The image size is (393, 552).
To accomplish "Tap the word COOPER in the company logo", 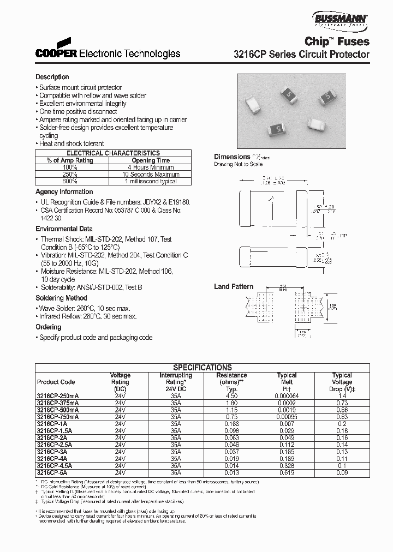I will click(57, 54).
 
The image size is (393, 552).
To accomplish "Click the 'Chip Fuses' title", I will click(337, 41).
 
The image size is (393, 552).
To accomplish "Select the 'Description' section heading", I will click(52, 77).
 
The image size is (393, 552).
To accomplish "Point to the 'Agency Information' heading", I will click(64, 192).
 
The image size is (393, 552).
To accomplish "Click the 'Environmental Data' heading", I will click(64, 229).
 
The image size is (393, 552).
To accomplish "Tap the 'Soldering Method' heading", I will click(61, 298).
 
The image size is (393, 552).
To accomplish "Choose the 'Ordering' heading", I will click(49, 327).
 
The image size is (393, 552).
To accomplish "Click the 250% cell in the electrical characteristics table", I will click(70, 175).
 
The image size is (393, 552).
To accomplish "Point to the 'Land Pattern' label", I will click(234, 286).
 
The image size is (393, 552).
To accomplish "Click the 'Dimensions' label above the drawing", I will click(232, 157).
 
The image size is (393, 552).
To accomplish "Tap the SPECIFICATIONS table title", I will click(203, 368).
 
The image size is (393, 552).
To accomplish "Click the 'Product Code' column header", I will click(56, 382).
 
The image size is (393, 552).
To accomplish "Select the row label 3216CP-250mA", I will click(58, 396).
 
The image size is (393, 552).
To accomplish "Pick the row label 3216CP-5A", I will click(52, 473).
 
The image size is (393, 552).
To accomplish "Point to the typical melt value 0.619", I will click(287, 473).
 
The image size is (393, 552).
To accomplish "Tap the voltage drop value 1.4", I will click(342, 396).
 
